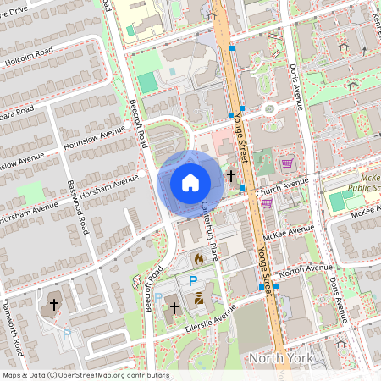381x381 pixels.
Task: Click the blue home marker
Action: click(190, 183)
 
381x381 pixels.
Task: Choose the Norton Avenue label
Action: click(302, 272)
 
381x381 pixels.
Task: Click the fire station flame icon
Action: click(198, 258)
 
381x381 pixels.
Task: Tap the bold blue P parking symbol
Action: click(193, 280)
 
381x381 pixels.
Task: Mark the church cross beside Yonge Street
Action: click(231, 176)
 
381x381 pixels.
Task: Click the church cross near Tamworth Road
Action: click(54, 303)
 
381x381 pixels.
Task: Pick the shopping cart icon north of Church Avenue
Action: click(287, 163)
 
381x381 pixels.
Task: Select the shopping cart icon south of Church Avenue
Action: click(267, 203)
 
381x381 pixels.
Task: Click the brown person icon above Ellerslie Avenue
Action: click(199, 297)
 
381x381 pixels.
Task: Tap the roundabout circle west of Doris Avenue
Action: click(269, 108)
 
